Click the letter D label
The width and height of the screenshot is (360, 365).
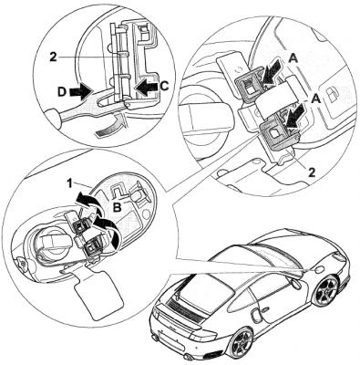coord(62,92)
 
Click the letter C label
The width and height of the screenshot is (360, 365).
coord(164,87)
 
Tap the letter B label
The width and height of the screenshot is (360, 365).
coord(118,207)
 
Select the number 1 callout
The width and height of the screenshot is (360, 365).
coord(69,183)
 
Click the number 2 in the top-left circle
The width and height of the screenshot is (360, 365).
coord(53,57)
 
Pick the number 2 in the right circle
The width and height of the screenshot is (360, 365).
coord(312,172)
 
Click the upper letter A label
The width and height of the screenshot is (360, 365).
coord(293,58)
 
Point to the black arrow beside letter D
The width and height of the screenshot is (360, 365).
coord(81,91)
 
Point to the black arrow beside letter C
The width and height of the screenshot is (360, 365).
coord(147,88)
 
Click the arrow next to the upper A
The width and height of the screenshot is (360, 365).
coord(273,72)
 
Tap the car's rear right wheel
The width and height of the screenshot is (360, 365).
coord(242,342)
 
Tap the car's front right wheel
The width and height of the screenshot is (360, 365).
coord(327,290)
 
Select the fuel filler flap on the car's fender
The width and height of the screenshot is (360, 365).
coord(320,270)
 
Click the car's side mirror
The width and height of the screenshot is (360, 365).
coord(295,285)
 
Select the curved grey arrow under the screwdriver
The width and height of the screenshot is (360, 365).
coord(110,126)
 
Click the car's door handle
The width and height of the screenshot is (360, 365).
coord(264,310)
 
